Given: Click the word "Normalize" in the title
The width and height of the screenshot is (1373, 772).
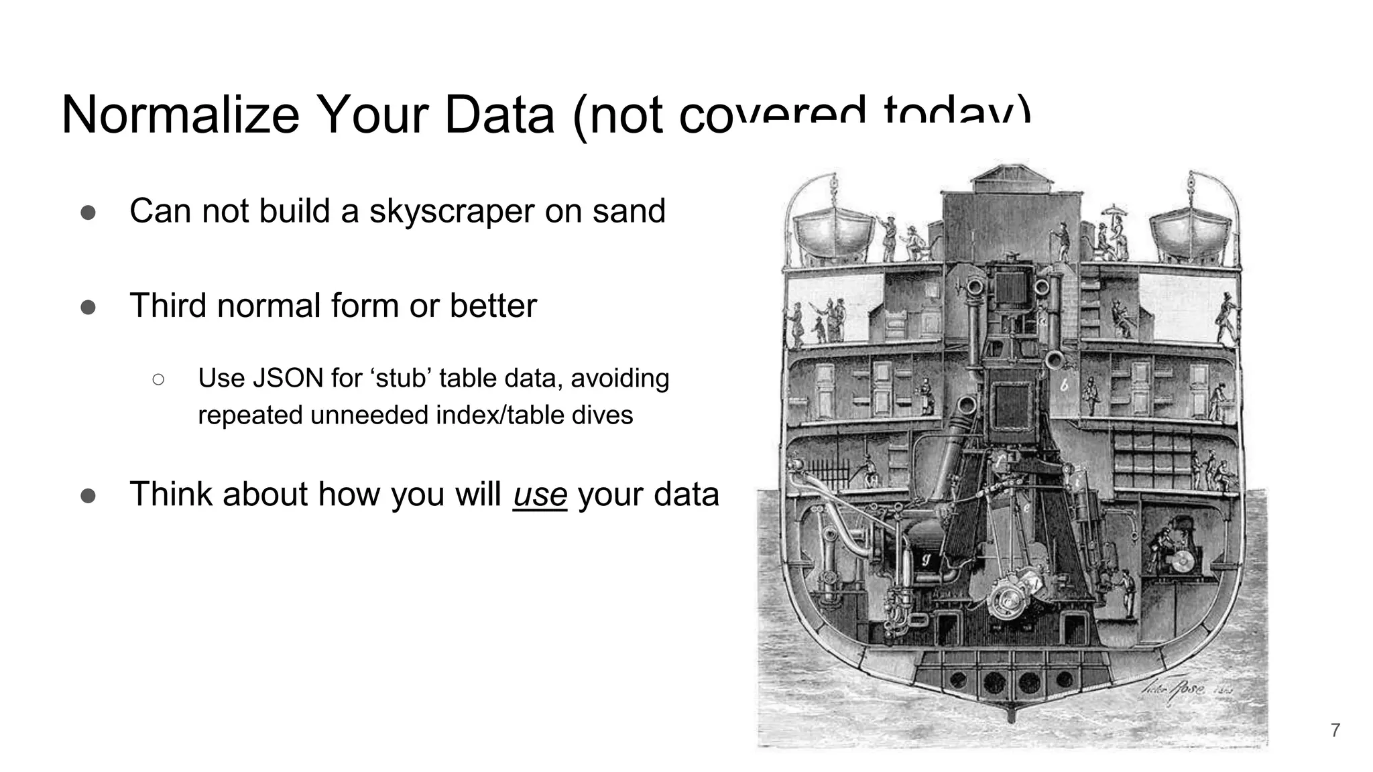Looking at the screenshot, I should click(x=180, y=115).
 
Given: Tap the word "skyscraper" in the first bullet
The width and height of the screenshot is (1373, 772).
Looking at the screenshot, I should click(x=451, y=211).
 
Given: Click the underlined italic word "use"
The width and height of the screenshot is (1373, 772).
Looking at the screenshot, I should click(x=540, y=495).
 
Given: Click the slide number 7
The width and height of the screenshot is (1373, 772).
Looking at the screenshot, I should click(x=1335, y=730).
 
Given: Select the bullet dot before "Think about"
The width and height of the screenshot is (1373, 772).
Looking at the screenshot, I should click(x=88, y=496).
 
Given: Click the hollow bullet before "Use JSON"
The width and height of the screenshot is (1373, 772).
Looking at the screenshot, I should click(x=158, y=380).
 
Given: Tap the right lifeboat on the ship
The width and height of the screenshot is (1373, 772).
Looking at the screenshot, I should click(x=1191, y=231).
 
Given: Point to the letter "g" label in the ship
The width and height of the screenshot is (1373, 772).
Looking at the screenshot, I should click(x=927, y=559).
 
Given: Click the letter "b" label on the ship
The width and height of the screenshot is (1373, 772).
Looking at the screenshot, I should click(x=1064, y=386).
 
